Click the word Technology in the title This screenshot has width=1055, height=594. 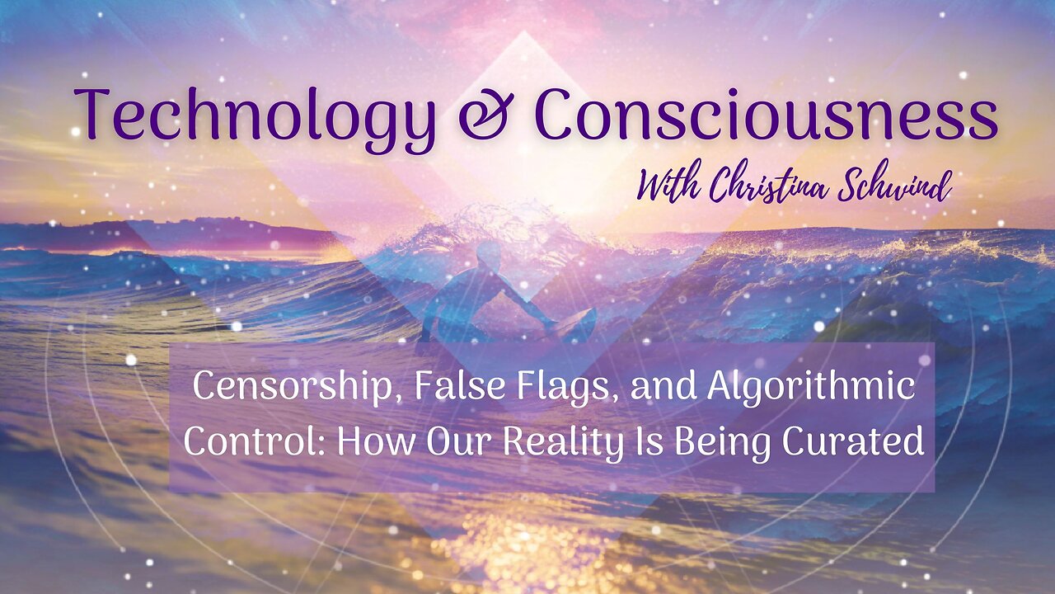click(x=255, y=118)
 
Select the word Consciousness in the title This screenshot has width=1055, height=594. click(x=767, y=115)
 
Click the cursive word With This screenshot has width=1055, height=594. click(x=668, y=187)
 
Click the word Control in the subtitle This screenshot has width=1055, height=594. click(x=255, y=441)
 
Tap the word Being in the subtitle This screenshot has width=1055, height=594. click(x=723, y=444)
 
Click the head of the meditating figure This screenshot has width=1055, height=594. click(x=488, y=256)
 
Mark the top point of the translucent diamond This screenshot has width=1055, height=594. click(x=523, y=31)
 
